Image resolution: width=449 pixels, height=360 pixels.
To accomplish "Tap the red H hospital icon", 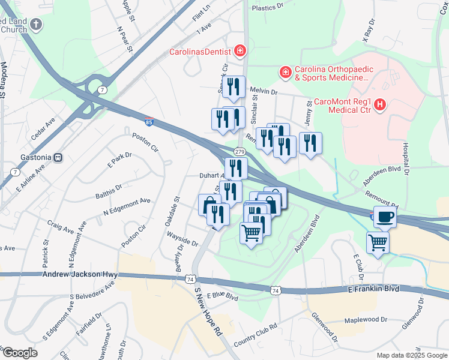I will coord(379,106).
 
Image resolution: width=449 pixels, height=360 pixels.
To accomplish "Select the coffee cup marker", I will coord(384,217).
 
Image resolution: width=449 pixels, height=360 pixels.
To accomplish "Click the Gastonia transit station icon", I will coord(58,157).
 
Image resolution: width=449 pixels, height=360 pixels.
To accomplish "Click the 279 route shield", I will coord(240,152).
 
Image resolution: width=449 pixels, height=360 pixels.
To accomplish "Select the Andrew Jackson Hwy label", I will coord(80,274).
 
